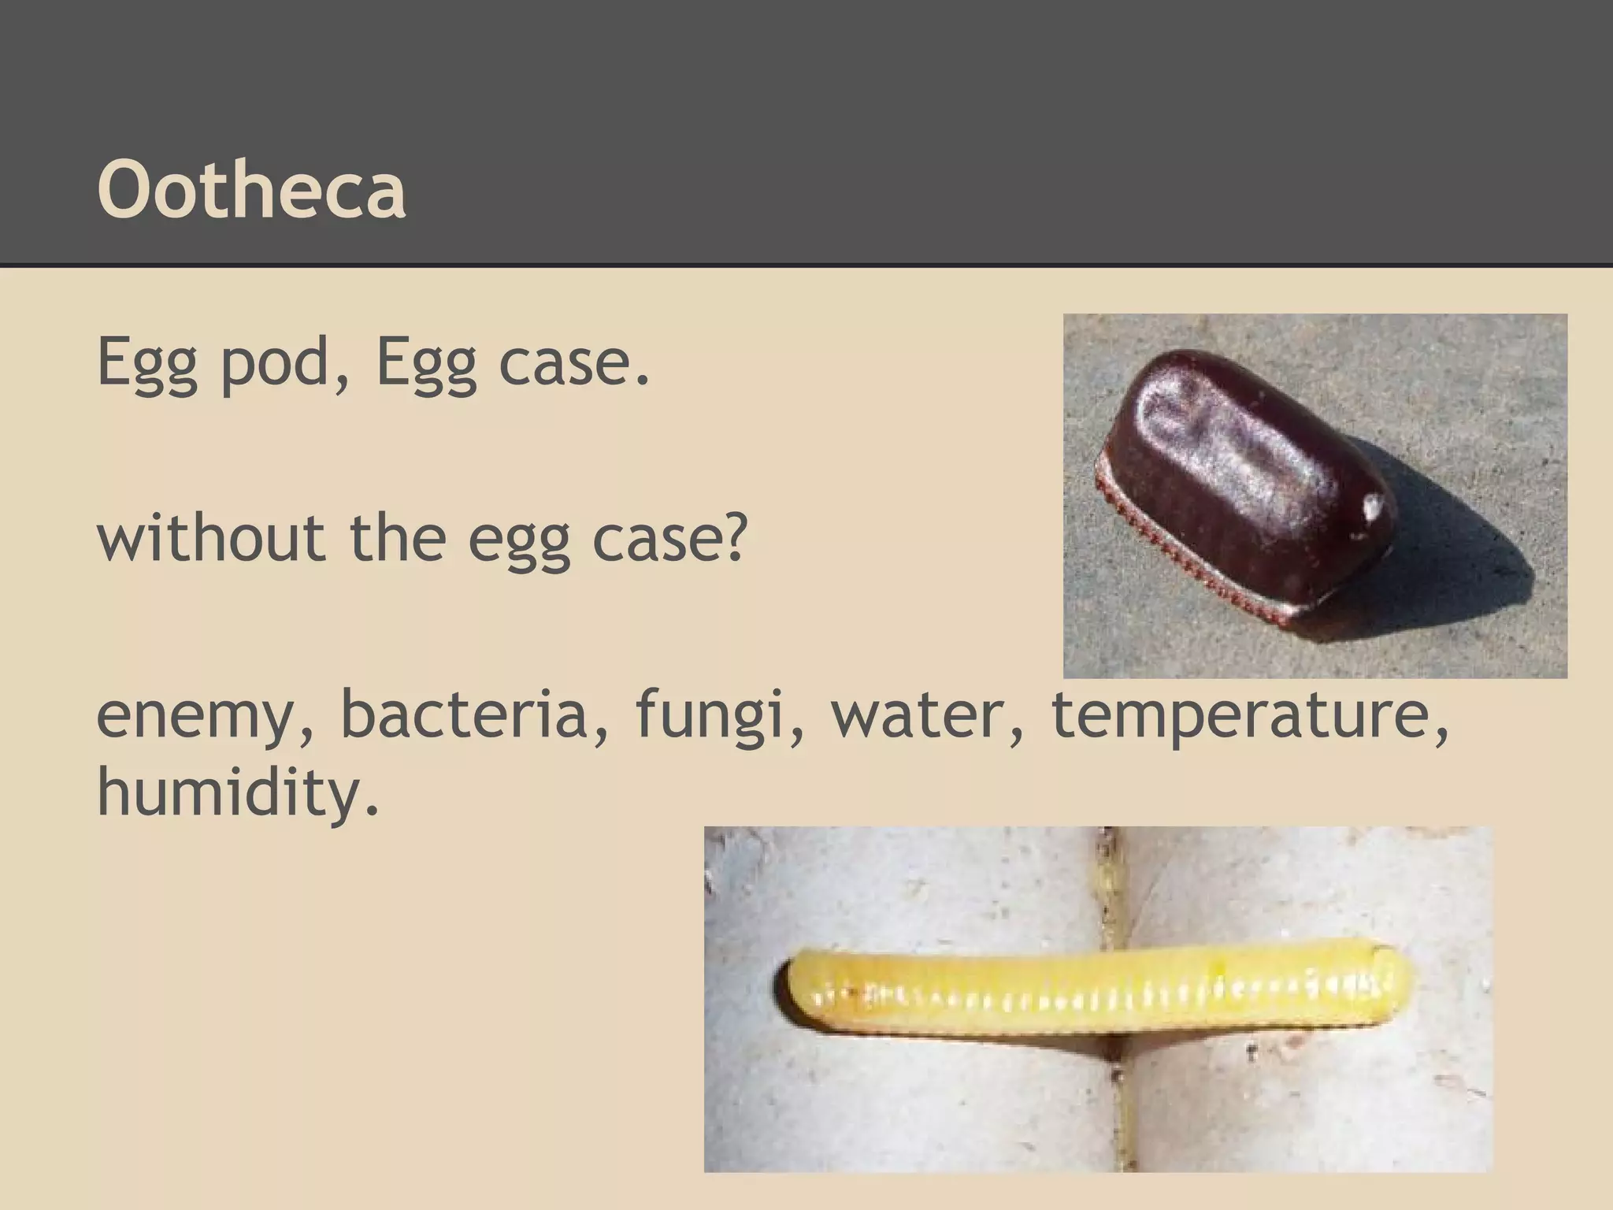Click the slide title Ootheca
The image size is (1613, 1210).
[x=252, y=189]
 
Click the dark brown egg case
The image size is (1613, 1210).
[x=1244, y=473]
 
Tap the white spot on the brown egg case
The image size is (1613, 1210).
[x=1374, y=504]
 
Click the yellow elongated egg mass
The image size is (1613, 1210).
[x=1095, y=993]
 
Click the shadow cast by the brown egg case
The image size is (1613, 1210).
[x=1457, y=544]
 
